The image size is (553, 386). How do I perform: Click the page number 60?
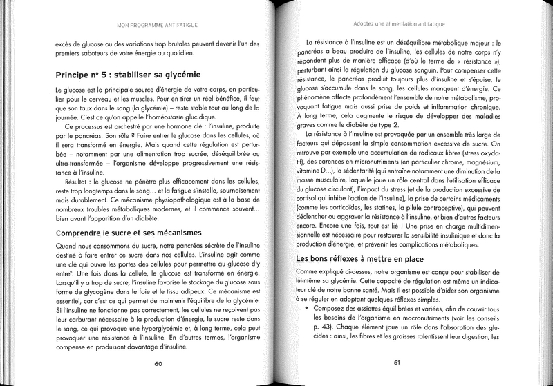158,364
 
